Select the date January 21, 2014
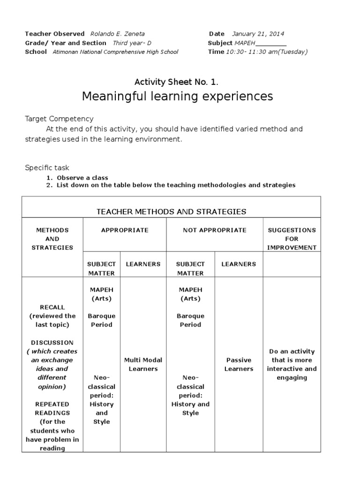(257, 34)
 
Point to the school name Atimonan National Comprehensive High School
(115, 52)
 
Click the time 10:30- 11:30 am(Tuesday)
(267, 52)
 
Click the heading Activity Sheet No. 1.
(176, 82)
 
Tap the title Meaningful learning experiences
(177, 97)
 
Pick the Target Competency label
(59, 119)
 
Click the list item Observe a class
(82, 178)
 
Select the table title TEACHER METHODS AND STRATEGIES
(172, 211)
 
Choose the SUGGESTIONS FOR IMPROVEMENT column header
(292, 239)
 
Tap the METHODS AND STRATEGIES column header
(52, 239)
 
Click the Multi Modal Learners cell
(143, 364)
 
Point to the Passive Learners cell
(239, 364)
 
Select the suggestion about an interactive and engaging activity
(292, 364)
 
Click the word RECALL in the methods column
(52, 307)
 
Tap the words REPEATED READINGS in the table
(52, 408)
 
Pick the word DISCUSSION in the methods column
(52, 343)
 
